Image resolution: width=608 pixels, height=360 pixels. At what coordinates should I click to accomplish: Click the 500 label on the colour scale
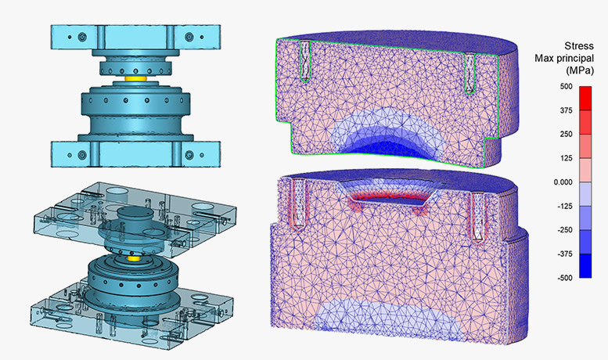[x=566, y=87]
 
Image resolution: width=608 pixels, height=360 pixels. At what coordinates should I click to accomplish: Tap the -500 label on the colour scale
[x=565, y=278]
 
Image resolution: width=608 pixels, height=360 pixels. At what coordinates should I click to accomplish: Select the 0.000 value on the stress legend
[x=563, y=182]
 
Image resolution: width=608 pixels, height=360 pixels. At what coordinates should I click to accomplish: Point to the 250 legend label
[x=566, y=135]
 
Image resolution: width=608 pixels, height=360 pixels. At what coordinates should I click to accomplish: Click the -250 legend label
[x=565, y=230]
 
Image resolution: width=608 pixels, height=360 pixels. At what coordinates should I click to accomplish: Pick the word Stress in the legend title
[x=579, y=45]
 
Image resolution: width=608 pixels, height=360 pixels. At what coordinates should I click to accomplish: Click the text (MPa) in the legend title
[x=580, y=70]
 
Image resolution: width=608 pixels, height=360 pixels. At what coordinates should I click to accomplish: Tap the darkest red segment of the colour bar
[x=585, y=98]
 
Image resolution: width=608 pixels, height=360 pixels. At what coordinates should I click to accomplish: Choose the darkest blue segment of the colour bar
[x=585, y=266]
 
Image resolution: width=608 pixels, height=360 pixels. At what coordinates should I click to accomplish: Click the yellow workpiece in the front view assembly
[x=135, y=79]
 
